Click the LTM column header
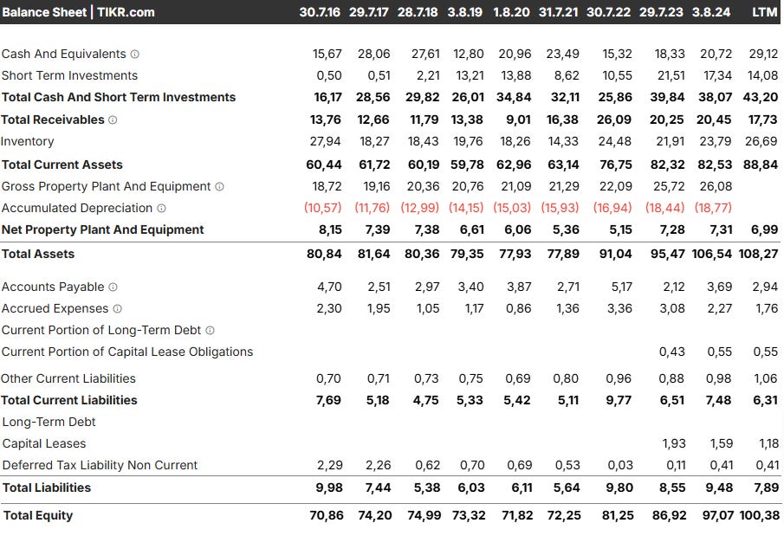(764, 12)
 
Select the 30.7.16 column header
(321, 12)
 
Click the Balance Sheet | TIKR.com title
(79, 12)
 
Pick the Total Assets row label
(38, 254)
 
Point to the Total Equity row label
(38, 515)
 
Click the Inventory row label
(28, 141)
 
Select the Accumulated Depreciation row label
(77, 208)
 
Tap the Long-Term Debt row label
(49, 422)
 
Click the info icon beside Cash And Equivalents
(134, 54)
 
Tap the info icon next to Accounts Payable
(113, 287)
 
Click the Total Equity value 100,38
(759, 515)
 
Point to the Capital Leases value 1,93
(673, 443)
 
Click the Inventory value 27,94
(326, 141)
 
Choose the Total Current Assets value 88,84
(761, 165)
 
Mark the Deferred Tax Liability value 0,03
(620, 465)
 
